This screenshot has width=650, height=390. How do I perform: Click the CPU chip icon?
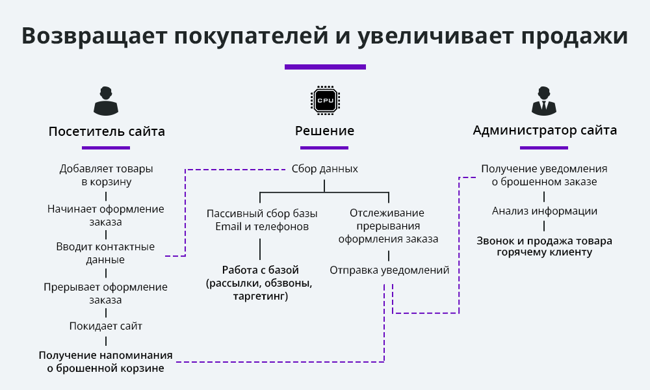325,100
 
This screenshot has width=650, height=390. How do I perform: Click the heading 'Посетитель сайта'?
107,131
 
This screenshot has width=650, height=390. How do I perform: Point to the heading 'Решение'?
324,131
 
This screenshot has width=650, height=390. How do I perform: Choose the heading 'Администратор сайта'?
545,131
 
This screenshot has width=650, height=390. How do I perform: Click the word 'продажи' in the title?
574,36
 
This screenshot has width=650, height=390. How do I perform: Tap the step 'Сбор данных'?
324,169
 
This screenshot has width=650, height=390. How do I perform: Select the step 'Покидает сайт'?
106,326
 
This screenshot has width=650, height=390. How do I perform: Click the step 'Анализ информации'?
545,211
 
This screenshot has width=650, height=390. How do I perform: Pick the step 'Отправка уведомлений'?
389,270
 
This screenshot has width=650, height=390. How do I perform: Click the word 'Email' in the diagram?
228,227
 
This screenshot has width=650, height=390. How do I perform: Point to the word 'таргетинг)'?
261,296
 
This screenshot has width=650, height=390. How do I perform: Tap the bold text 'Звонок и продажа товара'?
544,240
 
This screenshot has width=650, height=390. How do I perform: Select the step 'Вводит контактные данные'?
105,253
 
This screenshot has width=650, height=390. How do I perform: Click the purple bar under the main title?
325,67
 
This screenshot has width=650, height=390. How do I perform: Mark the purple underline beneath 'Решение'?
324,148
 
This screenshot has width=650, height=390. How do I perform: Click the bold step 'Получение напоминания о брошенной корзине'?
106,361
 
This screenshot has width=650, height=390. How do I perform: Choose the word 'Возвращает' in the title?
94,36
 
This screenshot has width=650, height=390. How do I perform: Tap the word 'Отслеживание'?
387,213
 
